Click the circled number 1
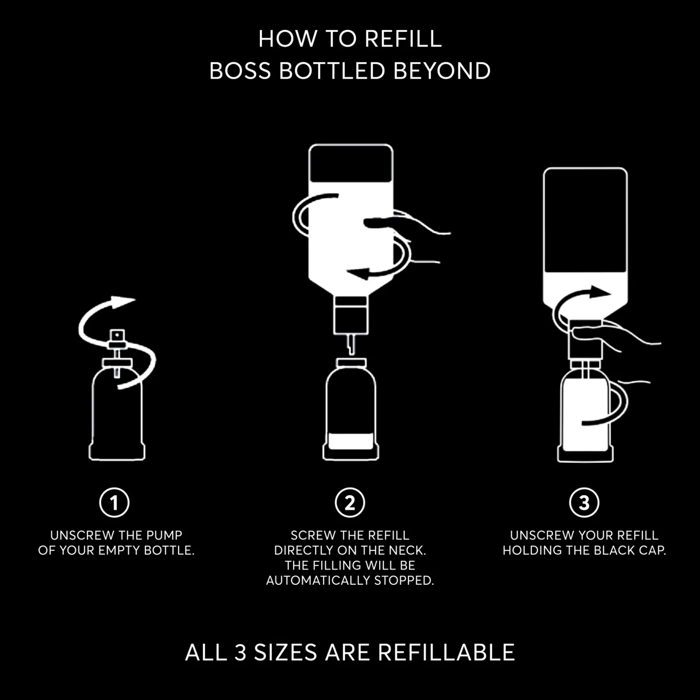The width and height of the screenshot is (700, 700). (114, 502)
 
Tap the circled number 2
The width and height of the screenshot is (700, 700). (350, 502)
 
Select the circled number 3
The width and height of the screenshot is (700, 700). (584, 502)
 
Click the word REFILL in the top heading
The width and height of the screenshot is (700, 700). (403, 39)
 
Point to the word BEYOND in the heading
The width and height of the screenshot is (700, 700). (442, 71)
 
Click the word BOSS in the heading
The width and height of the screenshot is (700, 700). (240, 71)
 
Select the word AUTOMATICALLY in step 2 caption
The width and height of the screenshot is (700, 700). (318, 581)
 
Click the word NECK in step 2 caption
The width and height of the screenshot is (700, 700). (410, 550)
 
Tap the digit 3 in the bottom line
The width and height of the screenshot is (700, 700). (241, 652)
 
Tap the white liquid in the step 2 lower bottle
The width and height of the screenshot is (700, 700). (351, 441)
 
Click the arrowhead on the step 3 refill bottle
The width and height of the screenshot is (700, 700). (600, 292)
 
